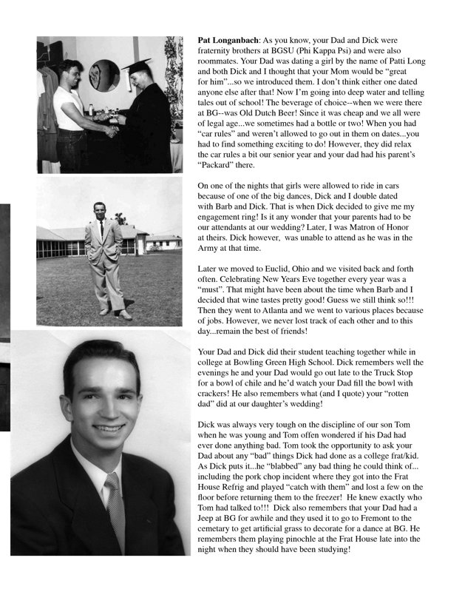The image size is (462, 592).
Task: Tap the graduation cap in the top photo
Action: pyautogui.click(x=136, y=66)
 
